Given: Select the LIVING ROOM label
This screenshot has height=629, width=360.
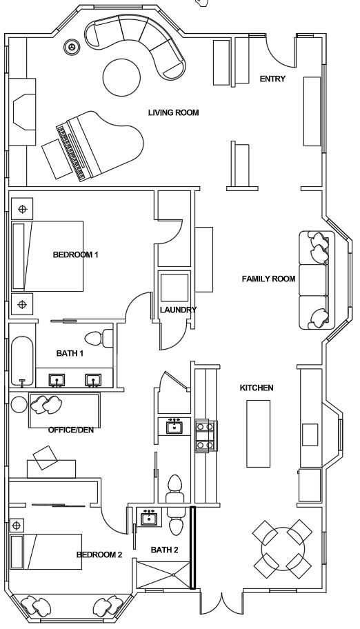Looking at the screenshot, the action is point(173,112).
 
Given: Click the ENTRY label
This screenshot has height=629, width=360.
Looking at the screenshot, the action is point(272,79).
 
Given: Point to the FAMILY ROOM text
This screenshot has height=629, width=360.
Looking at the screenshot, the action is point(268,279).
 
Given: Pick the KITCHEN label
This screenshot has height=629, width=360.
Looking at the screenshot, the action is point(257,388).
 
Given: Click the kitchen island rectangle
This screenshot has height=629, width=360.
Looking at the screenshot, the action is point(258,433).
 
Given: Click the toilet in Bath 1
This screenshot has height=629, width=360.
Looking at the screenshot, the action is point(99,338).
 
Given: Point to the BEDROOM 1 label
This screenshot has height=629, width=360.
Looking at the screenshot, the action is point(76,254).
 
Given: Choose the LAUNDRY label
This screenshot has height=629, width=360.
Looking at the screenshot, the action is point(178,310).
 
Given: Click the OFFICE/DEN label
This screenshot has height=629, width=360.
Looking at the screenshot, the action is point(71,430).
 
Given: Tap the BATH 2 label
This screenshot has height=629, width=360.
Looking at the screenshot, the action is point(165,550).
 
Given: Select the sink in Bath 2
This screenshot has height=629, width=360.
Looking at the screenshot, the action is point(150,518).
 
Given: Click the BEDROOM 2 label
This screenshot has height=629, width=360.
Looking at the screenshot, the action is point(99,555).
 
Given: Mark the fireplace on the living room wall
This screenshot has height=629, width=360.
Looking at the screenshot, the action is point(23,112).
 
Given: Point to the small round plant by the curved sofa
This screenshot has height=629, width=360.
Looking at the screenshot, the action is point(72,47).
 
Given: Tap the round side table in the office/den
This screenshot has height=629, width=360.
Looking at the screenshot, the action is point(19,404).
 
